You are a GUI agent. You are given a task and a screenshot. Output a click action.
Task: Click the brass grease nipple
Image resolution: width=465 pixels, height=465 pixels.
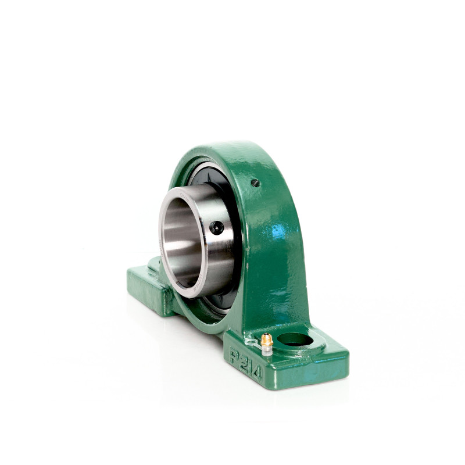(267, 340)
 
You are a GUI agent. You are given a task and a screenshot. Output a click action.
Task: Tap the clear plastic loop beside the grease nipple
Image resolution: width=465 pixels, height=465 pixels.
(251, 342)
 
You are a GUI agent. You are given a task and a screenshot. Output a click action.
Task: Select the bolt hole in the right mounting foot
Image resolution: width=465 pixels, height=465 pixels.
(295, 339)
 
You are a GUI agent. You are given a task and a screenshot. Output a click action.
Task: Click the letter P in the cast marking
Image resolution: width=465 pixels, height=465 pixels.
(235, 355)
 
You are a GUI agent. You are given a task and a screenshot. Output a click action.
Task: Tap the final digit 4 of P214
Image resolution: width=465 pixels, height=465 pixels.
(257, 373)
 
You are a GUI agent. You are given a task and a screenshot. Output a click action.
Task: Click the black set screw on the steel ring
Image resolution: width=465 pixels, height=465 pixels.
(216, 228)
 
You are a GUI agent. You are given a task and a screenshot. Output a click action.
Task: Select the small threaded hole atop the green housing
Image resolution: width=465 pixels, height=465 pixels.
(256, 183)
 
